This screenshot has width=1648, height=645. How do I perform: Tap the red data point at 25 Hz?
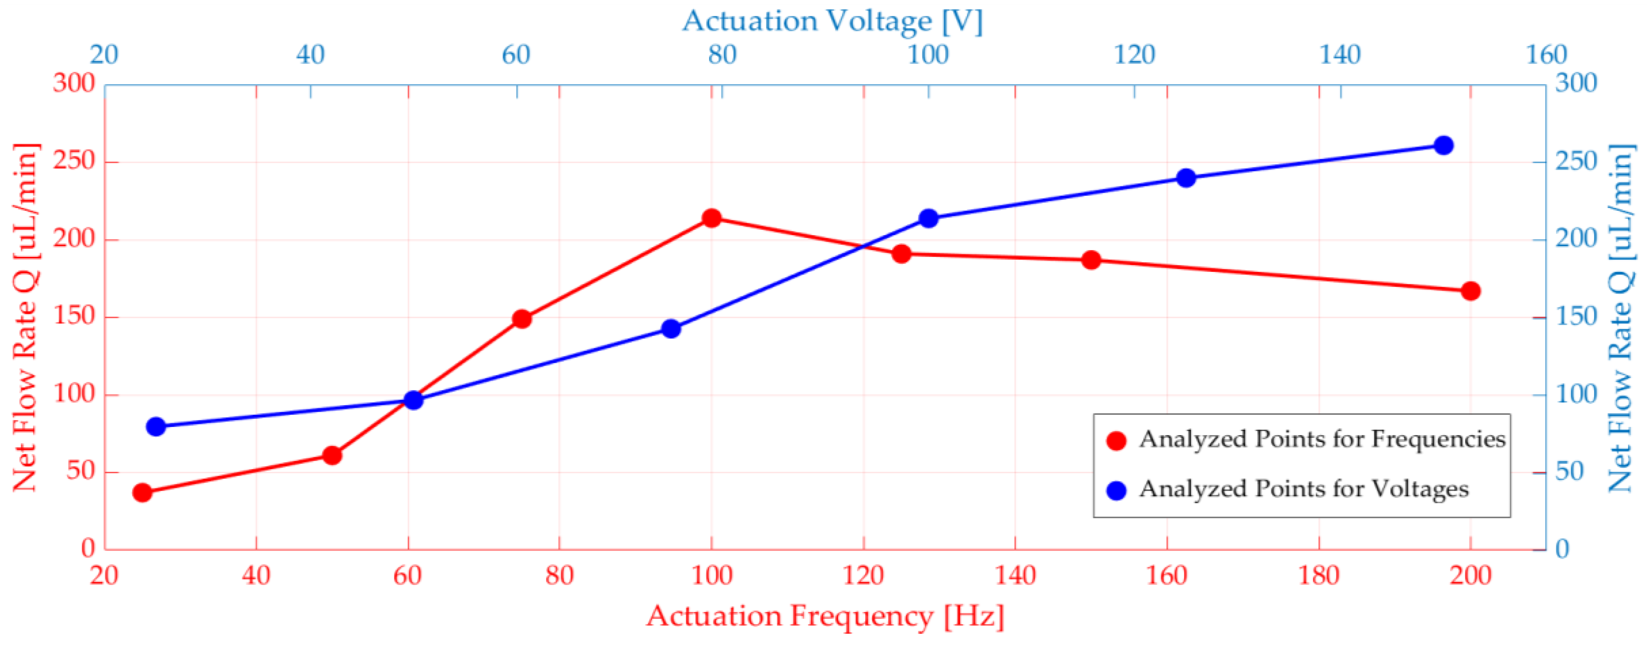142,493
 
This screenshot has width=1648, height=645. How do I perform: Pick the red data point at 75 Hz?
522,319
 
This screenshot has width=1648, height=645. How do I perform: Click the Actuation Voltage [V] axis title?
832,21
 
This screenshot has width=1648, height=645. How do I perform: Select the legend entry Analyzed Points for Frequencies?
1322,440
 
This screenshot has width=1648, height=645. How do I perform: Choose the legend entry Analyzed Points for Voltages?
1304,489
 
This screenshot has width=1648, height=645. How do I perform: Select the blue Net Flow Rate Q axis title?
1622,318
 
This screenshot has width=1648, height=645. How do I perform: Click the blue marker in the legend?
1116,491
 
